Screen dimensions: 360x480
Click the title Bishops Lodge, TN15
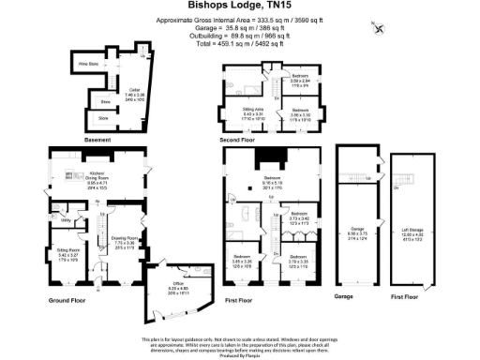(238, 6)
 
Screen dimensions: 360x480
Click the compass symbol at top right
(379, 26)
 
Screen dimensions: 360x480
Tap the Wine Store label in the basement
(88, 65)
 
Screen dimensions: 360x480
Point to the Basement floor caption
(97, 140)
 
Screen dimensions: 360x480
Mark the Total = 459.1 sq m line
(238, 41)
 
